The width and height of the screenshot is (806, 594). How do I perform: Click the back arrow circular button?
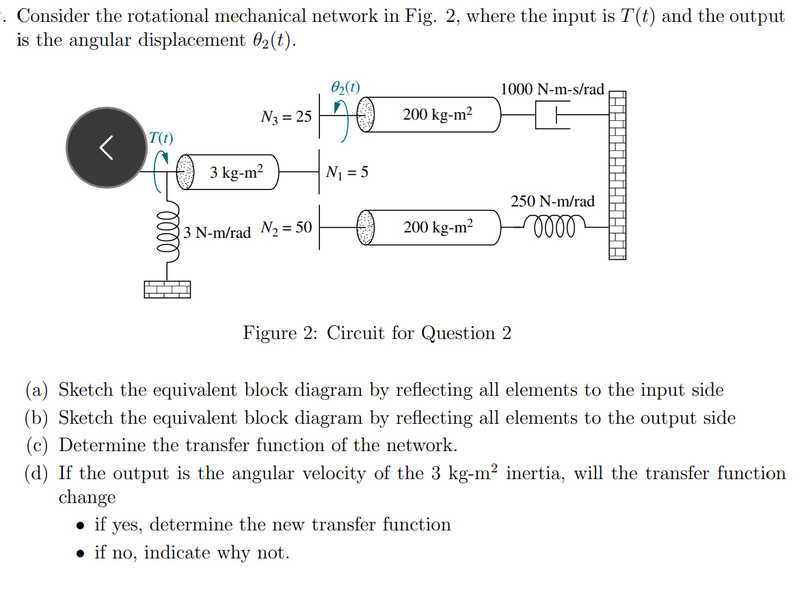[x=106, y=147]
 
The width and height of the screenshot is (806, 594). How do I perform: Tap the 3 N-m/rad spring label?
[x=217, y=232]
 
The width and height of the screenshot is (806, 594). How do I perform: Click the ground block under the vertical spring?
[x=167, y=289]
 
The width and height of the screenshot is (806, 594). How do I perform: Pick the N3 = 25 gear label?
[x=286, y=117]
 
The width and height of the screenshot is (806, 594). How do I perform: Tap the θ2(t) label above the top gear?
[x=345, y=87]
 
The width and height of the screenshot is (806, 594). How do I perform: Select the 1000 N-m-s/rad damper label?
[x=552, y=90]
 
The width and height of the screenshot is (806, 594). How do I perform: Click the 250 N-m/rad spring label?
[x=552, y=201]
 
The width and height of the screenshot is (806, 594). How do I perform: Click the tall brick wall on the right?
[x=617, y=175]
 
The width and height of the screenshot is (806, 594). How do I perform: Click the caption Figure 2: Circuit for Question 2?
[x=377, y=333]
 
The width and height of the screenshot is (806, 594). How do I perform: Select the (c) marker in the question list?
[x=37, y=446]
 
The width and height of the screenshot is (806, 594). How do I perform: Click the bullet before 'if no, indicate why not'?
[x=81, y=553]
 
